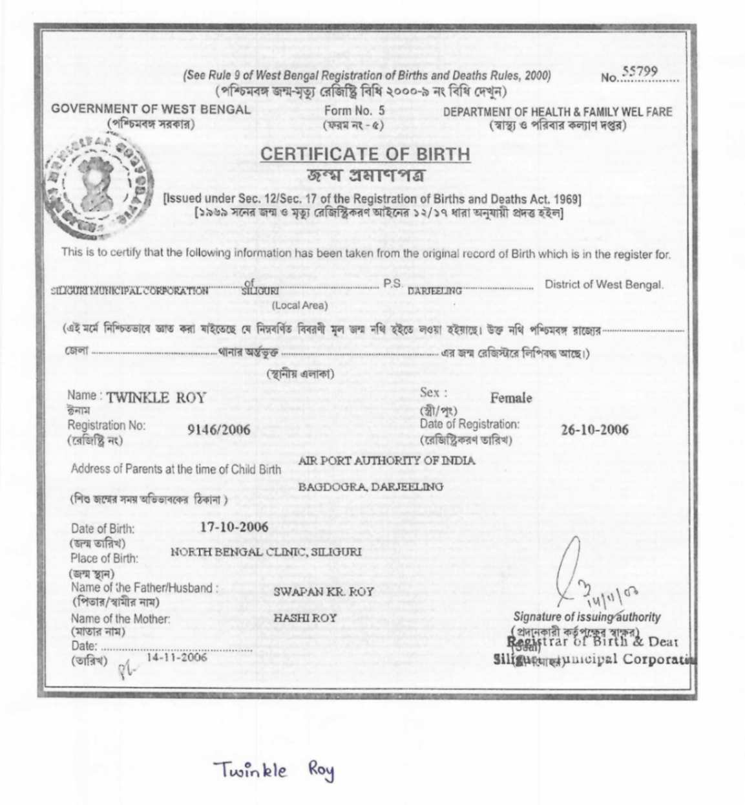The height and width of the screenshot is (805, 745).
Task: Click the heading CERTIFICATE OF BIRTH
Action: pyautogui.click(x=365, y=154)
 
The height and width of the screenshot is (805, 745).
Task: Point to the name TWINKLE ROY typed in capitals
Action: pyautogui.click(x=156, y=398)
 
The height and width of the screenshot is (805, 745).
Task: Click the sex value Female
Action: pyautogui.click(x=511, y=398)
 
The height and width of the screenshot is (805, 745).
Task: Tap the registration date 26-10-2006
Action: pyautogui.click(x=594, y=429)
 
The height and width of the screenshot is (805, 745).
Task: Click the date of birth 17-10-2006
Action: pyautogui.click(x=234, y=526)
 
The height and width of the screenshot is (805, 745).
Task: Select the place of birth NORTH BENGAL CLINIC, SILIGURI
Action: pyautogui.click(x=266, y=552)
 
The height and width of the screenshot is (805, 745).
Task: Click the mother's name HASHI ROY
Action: pyautogui.click(x=305, y=617)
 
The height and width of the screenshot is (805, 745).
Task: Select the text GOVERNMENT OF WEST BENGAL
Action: pyautogui.click(x=151, y=109)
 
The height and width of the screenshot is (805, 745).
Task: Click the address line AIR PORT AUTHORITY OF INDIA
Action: pyautogui.click(x=386, y=461)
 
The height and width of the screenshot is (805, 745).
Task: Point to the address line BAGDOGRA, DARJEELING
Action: pyautogui.click(x=370, y=486)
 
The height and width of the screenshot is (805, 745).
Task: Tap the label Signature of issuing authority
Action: pyautogui.click(x=587, y=616)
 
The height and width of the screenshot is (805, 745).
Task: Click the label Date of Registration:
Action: pyautogui.click(x=470, y=424)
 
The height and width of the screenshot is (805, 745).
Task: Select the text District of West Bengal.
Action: pyautogui.click(x=604, y=284)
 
